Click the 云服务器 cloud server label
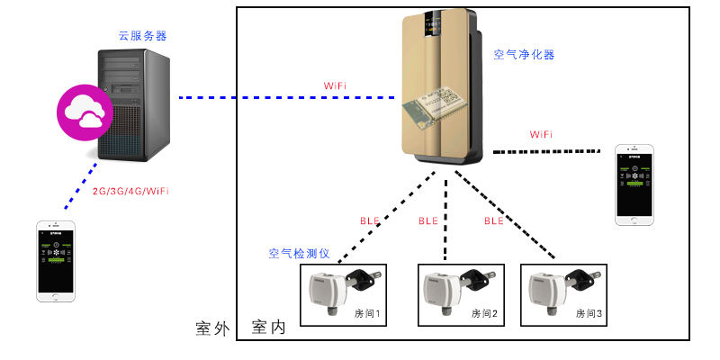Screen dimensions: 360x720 [142, 36]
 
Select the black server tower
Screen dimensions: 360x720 [135, 105]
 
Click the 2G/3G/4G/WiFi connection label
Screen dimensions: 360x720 [131, 192]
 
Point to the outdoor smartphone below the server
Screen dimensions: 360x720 [56, 261]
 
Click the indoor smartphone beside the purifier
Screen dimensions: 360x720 [634, 184]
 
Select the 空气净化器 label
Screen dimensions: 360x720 [524, 55]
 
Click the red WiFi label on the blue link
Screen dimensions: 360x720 [336, 85]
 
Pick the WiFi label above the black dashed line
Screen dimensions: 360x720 [541, 134]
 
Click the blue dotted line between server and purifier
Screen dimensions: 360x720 [288, 97]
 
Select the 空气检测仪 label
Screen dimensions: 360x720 [301, 255]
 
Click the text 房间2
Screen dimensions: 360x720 [482, 314]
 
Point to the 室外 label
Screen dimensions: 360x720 [214, 328]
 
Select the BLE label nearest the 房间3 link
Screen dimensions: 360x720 [494, 220]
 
